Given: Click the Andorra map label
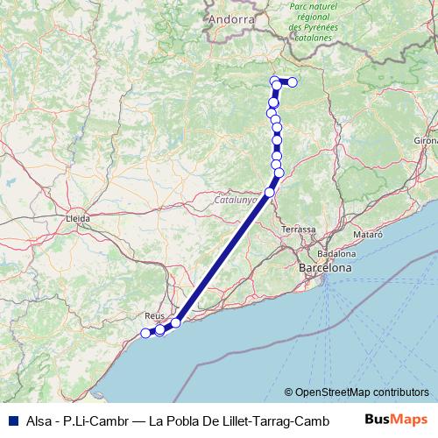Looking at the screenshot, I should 232,18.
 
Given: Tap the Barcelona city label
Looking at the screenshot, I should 325,267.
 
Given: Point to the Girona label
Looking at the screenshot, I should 427,140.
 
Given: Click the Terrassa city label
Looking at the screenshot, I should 299,230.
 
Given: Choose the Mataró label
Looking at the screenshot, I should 367,236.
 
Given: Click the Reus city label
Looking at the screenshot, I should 154,314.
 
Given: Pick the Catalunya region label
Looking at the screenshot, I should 236,200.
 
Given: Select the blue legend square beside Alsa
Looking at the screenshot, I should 11,420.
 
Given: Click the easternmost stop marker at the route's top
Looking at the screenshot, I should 293,82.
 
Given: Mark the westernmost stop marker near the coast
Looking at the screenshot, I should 145,333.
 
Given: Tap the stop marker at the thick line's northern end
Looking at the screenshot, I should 270,191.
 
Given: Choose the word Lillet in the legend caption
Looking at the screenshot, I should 230,420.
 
